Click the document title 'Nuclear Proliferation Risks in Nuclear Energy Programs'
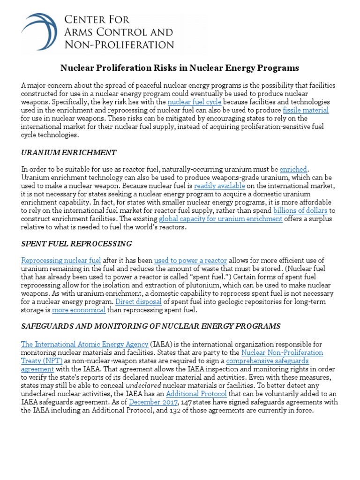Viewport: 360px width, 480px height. click(x=180, y=68)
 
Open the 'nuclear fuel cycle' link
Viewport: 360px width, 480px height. click(x=195, y=102)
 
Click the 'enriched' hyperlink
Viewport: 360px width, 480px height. click(x=294, y=169)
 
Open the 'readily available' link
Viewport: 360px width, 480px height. click(x=222, y=186)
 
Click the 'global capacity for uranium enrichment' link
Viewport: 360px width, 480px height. click(x=220, y=219)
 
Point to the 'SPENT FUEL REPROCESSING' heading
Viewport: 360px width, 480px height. click(x=76, y=244)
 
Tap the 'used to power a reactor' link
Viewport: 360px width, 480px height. click(x=190, y=261)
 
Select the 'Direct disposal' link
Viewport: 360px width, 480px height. click(x=139, y=302)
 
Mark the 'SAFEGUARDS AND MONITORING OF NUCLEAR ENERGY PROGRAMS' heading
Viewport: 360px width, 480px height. click(x=150, y=326)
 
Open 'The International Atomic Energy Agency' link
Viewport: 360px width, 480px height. click(x=84, y=345)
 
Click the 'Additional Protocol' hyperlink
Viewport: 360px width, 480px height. click(x=196, y=394)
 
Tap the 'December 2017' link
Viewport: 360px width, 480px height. click(x=153, y=402)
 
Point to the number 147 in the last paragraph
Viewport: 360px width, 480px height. click(x=187, y=402)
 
